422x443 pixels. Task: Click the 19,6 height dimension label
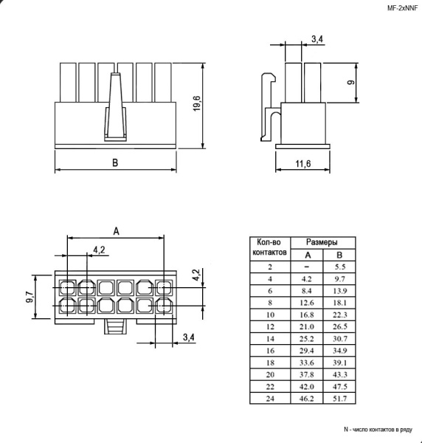[x=197, y=104]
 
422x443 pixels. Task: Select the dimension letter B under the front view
[x=114, y=163]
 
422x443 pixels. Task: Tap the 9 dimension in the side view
[x=351, y=82]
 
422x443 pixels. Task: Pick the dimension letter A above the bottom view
[x=116, y=230]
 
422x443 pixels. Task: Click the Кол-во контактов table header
[x=268, y=247]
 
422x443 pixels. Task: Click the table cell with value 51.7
[x=339, y=399]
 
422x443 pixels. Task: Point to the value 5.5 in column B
[x=339, y=266]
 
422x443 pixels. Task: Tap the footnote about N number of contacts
[x=377, y=429]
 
